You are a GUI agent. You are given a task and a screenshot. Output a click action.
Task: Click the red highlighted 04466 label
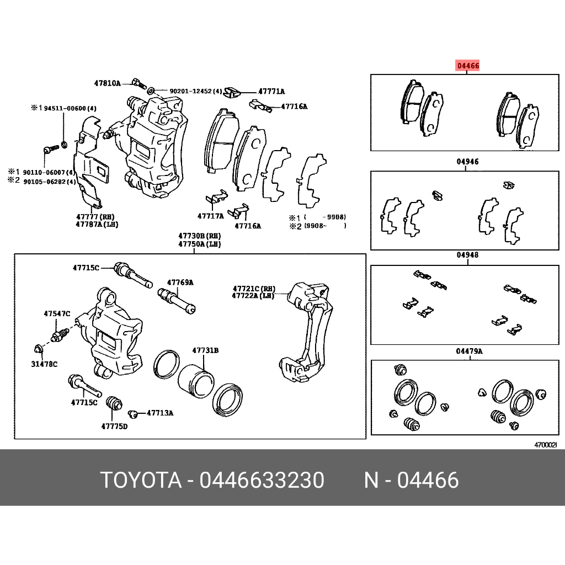pyautogui.click(x=467, y=66)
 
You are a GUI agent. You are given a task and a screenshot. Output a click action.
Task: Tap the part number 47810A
pyautogui.click(x=106, y=83)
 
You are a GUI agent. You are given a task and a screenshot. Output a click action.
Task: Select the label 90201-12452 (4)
pyautogui.click(x=195, y=91)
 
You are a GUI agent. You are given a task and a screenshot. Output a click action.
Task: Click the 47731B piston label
pyautogui.click(x=205, y=350)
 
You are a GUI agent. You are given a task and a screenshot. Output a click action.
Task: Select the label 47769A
pyautogui.click(x=181, y=282)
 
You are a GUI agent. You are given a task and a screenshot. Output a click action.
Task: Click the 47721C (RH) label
pyautogui.click(x=254, y=289)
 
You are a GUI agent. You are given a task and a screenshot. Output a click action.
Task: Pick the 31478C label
pyautogui.click(x=44, y=364)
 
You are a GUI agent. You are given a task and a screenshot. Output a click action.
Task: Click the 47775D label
pyautogui.click(x=114, y=426)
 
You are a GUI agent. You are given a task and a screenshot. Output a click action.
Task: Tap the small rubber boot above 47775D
pyautogui.click(x=114, y=403)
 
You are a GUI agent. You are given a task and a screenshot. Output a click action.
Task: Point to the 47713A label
pyautogui.click(x=160, y=413)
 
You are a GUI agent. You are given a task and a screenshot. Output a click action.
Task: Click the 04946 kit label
pyautogui.click(x=467, y=162)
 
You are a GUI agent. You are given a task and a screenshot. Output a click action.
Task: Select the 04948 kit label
pyautogui.click(x=467, y=255)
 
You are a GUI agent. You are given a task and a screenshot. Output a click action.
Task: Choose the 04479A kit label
pyautogui.click(x=469, y=351)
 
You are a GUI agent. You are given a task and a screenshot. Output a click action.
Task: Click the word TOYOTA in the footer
pyautogui.click(x=141, y=481)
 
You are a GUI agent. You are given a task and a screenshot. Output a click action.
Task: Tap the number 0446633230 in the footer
pyautogui.click(x=262, y=481)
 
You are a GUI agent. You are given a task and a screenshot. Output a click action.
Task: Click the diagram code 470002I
pyautogui.click(x=545, y=444)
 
